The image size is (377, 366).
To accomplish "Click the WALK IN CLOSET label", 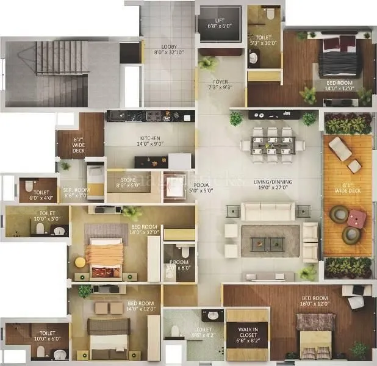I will click(247, 331).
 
